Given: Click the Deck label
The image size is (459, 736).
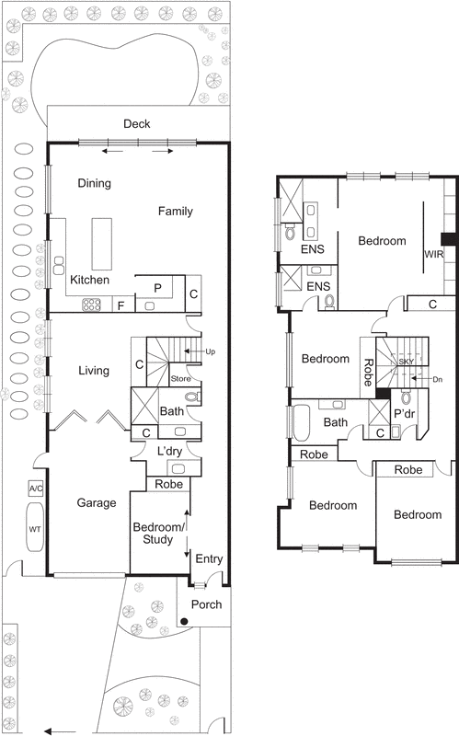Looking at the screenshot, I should pyautogui.click(x=138, y=124).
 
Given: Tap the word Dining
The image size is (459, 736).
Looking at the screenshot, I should pyautogui.click(x=94, y=183).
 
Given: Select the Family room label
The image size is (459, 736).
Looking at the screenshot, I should pyautogui.click(x=175, y=212).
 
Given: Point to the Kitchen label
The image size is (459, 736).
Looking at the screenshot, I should pyautogui.click(x=90, y=280).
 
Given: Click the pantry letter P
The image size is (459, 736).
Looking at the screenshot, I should pyautogui.click(x=157, y=288).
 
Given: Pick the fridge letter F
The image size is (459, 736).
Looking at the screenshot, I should pyautogui.click(x=120, y=305).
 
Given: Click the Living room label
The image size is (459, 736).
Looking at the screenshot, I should pyautogui.click(x=94, y=371).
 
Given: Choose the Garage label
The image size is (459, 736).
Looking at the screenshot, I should pyautogui.click(x=96, y=503).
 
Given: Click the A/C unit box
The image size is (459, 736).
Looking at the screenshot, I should pyautogui.click(x=37, y=488).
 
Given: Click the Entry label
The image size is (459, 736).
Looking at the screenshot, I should pyautogui.click(x=209, y=558).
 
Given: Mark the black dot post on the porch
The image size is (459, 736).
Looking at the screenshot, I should pyautogui.click(x=185, y=623).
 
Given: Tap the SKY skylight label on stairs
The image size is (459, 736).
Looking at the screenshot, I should pyautogui.click(x=406, y=362).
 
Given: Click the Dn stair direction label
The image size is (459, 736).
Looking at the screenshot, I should pyautogui.click(x=437, y=377).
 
